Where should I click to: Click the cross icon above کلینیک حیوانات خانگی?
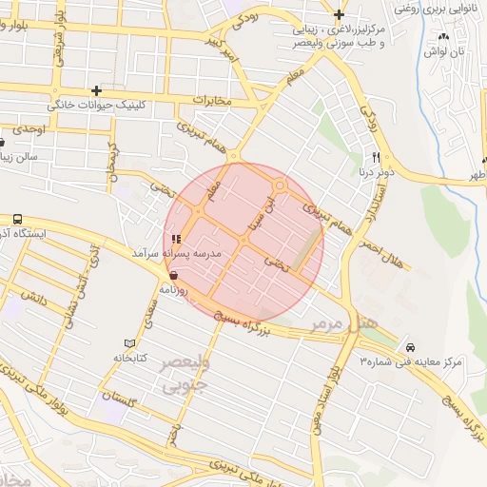(x=96, y=90)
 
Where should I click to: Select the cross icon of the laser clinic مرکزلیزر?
(x=339, y=13)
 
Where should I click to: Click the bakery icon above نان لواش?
(x=442, y=37)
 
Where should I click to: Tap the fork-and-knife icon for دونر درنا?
(x=377, y=157)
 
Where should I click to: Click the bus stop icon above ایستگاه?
(x=18, y=218)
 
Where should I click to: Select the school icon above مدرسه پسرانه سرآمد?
(x=175, y=239)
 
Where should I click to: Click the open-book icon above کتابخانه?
(x=130, y=342)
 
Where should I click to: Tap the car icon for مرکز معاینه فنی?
(x=410, y=347)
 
